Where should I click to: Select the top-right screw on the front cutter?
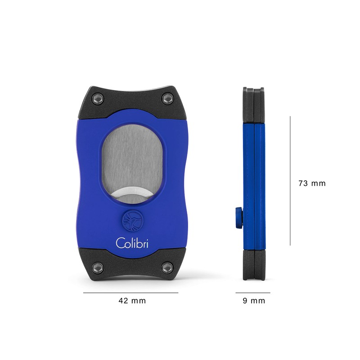(167, 98)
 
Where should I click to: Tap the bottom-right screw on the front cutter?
(167, 267)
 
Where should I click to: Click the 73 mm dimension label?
(312, 184)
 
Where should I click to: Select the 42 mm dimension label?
(132, 301)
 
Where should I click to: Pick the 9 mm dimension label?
(254, 301)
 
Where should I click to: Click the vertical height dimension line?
(290, 180)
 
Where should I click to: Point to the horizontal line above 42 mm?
(130, 292)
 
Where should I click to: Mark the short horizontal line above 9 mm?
(253, 292)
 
